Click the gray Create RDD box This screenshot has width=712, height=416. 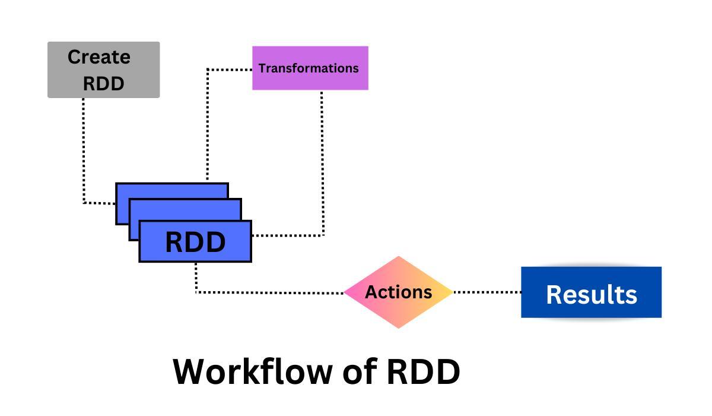click(x=103, y=70)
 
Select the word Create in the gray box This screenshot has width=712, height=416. click(x=98, y=57)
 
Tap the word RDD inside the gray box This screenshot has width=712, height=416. click(x=103, y=83)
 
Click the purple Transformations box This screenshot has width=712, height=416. click(x=310, y=68)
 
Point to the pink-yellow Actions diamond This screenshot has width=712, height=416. click(x=398, y=292)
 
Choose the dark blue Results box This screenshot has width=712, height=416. click(x=591, y=292)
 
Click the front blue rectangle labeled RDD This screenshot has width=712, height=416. click(x=195, y=242)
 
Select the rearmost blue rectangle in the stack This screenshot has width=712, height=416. click(x=172, y=190)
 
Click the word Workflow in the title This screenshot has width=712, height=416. click(x=253, y=371)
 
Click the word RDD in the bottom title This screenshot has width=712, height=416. click(x=423, y=371)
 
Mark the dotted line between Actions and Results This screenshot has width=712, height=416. click(x=487, y=292)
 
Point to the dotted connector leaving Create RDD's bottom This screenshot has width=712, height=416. click(x=84, y=149)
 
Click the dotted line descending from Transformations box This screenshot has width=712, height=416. click(x=322, y=160)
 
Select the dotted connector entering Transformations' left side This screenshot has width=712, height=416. click(x=229, y=70)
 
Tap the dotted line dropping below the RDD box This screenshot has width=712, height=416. click(x=196, y=277)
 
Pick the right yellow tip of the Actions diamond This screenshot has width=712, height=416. click(x=449, y=292)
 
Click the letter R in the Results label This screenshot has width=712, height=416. click(x=554, y=294)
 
